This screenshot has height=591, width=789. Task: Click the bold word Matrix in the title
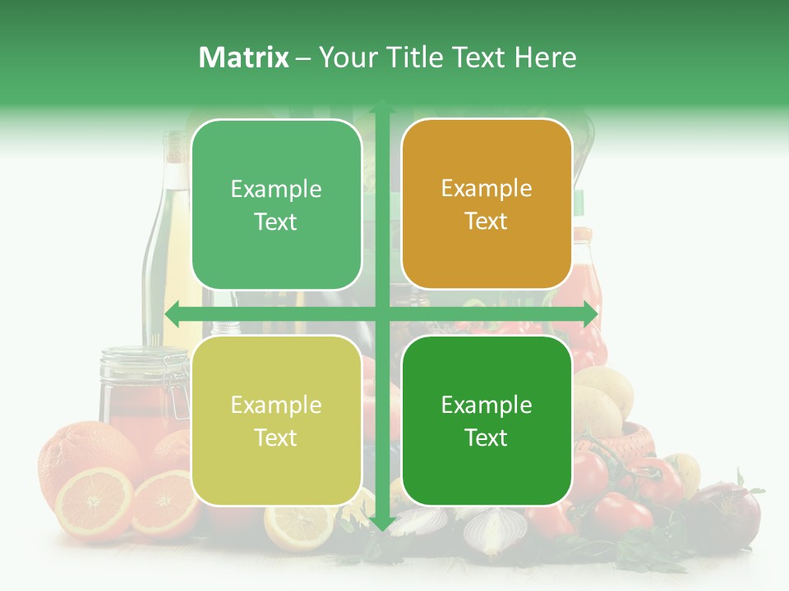(x=244, y=57)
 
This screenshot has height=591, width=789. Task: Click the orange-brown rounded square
(x=487, y=204)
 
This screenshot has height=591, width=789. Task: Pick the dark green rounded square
(x=487, y=420)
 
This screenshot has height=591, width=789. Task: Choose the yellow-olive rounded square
(x=276, y=420)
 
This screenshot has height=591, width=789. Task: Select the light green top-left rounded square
(x=276, y=204)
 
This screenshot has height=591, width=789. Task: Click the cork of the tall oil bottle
(x=174, y=146)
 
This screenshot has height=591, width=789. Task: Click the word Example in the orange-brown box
(x=487, y=189)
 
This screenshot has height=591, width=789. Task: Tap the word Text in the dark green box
(x=487, y=438)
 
